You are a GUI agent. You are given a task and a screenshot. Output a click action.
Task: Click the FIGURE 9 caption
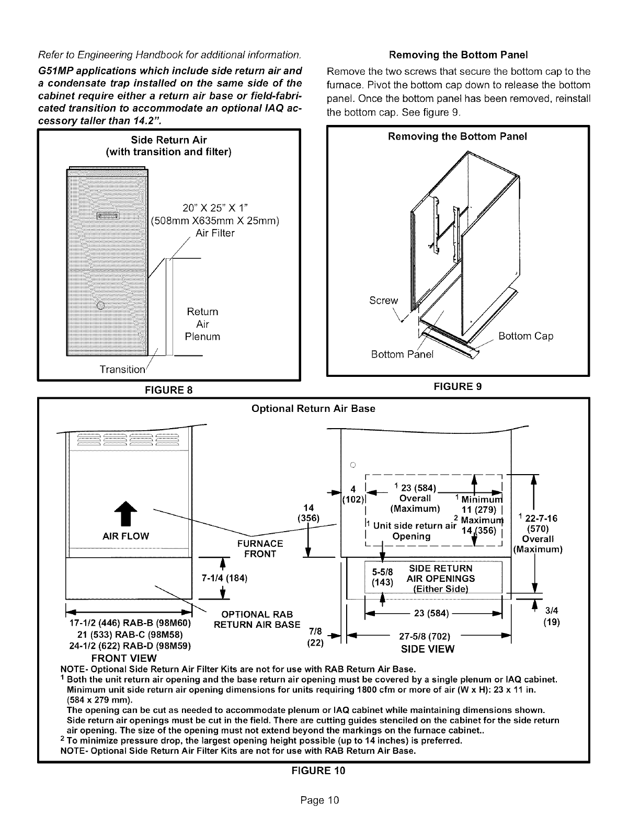coord(458,386)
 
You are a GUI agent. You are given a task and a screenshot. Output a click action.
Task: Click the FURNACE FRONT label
coord(260,549)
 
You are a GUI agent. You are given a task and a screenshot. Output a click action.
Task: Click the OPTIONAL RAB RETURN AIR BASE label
coord(257,619)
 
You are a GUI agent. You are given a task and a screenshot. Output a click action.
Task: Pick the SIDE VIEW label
coord(428,649)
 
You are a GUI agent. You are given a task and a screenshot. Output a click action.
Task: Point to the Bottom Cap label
coord(525,336)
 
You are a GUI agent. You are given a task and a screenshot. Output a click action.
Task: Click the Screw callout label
coord(383,301)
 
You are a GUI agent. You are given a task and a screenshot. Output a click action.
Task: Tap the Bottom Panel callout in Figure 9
coord(402,355)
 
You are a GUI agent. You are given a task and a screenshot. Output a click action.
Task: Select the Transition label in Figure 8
coord(122,369)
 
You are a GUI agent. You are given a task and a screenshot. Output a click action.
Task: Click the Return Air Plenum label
coord(202,324)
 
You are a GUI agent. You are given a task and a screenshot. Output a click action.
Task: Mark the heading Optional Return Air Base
coord(313,409)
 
